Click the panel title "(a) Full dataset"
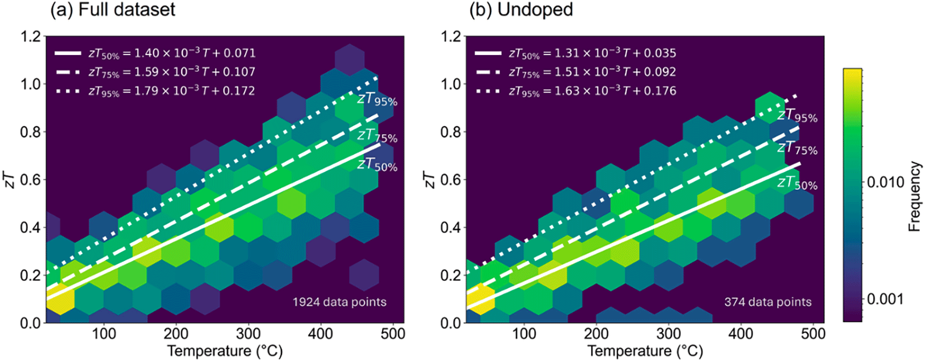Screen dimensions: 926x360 [x=112, y=9]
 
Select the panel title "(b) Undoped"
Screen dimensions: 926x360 [x=521, y=9]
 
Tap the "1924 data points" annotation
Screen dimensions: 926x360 [x=339, y=302]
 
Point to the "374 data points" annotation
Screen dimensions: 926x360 [x=767, y=302]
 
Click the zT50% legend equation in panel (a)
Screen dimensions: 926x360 [x=172, y=53]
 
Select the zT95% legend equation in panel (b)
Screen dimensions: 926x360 [x=592, y=91]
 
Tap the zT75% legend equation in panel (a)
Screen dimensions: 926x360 [x=172, y=72]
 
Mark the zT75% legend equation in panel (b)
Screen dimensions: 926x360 [x=592, y=72]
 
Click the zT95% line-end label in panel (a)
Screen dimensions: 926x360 [x=377, y=100]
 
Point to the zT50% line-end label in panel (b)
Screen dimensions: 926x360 [x=798, y=183]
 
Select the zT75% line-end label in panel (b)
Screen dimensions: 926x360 [x=798, y=147]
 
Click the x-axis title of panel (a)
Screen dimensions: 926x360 [x=225, y=351]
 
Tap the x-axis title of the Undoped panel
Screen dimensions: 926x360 [x=645, y=351]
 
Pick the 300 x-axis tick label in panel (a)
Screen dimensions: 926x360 [x=249, y=333]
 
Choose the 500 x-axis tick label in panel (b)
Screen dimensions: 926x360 [x=813, y=333]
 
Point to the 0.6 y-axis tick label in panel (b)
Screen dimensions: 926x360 [x=452, y=180]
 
